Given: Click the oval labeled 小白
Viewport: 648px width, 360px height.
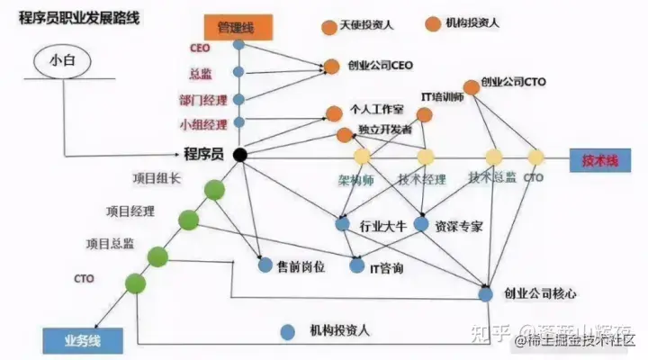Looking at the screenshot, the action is [x=64, y=62].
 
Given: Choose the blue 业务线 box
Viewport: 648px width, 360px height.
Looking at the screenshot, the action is [x=71, y=340].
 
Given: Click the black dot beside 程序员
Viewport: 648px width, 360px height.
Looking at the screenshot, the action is [x=239, y=155].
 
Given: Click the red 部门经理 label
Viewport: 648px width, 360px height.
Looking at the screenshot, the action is [x=203, y=99].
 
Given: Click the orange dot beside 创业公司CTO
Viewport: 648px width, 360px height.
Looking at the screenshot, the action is [x=471, y=87].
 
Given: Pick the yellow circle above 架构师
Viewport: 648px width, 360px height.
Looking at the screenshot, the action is [x=362, y=157].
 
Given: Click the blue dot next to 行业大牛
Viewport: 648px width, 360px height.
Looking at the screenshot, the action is [x=342, y=223].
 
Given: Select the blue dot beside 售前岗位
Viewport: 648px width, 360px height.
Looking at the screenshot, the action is [x=265, y=265].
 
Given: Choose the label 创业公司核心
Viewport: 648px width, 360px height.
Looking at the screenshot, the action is [x=540, y=294].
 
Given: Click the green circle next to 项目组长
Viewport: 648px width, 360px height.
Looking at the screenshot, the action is [x=214, y=191].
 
